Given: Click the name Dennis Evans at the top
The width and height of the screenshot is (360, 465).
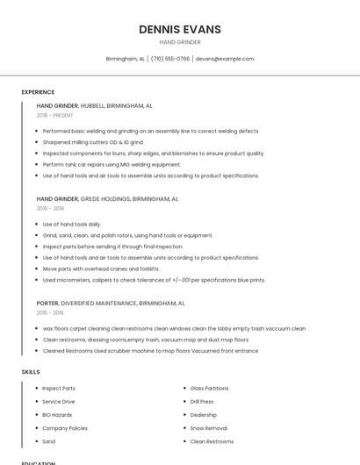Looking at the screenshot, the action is [179, 30].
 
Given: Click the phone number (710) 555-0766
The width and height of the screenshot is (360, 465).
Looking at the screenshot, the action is [170, 59].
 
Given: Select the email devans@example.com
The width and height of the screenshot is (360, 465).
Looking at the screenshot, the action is [225, 59].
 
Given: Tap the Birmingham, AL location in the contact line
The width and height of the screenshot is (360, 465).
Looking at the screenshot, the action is [126, 59].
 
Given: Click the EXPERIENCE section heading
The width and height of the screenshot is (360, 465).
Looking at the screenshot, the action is [38, 92].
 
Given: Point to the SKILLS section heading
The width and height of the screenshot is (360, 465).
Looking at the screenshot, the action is [31, 372].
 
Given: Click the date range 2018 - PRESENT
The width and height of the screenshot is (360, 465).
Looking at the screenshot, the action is [56, 115].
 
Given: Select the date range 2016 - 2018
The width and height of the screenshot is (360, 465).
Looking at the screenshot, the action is [50, 209].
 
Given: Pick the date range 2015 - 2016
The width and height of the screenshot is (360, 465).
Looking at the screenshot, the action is [50, 312].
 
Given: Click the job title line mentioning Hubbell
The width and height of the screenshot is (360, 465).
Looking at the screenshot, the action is [94, 105].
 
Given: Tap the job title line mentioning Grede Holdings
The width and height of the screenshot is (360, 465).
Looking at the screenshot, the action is [107, 199].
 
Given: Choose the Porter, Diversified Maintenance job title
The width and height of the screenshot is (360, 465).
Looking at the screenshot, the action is [111, 303].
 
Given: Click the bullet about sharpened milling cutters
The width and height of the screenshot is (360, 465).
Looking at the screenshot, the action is [92, 142].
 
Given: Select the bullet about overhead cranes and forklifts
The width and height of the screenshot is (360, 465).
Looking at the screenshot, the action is [101, 268].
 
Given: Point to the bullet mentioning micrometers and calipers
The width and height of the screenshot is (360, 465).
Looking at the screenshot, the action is [154, 280].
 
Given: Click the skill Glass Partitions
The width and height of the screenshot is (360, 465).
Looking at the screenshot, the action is [209, 388].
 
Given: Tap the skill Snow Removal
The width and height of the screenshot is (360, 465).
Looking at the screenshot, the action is [208, 428].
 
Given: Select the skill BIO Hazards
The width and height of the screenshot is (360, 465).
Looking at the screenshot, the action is [57, 414].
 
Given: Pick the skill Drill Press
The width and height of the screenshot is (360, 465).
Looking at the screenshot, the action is [202, 401].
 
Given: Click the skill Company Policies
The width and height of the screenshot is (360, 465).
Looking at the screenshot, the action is [65, 428].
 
